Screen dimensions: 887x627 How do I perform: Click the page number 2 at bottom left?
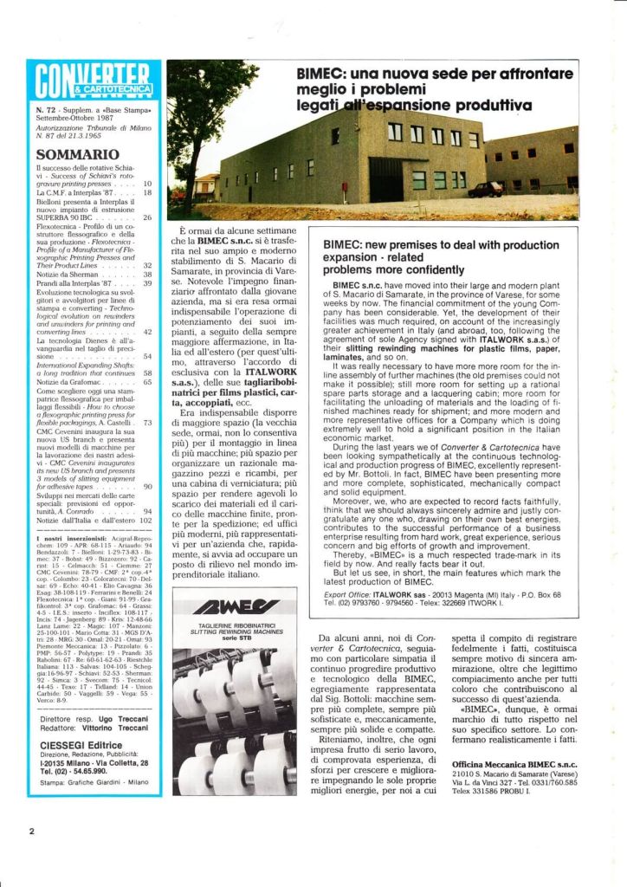(31, 832)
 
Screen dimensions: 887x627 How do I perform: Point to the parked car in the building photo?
(486, 188)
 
